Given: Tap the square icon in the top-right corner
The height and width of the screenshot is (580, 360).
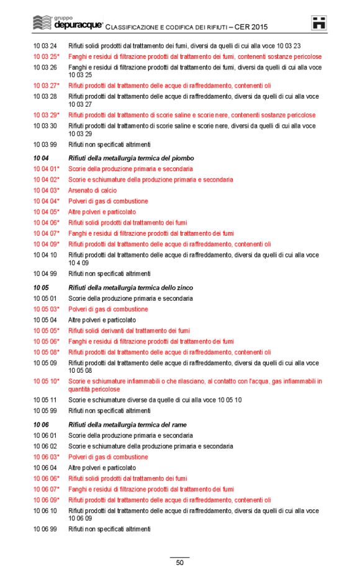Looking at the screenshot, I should point(319,24).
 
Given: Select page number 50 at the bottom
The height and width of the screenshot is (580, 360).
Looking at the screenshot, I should point(179,563).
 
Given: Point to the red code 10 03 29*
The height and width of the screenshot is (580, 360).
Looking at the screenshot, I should point(47,115).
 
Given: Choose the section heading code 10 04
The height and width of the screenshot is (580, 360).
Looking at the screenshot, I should point(41,158).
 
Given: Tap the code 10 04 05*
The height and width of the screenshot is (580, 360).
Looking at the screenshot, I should point(47,212).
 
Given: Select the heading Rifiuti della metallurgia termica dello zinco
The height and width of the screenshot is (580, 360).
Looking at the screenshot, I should point(130,288).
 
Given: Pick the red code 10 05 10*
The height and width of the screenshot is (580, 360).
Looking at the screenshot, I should point(47,381).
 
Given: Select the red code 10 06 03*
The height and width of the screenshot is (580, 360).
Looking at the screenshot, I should point(47,457).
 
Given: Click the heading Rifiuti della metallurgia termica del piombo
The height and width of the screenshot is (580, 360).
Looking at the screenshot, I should point(127,158).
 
